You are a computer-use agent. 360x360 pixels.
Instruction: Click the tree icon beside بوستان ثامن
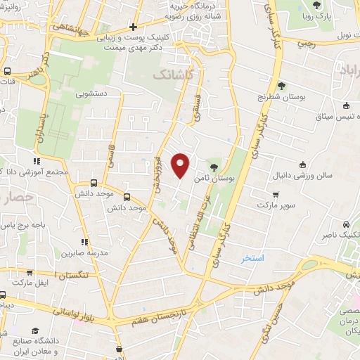(x=214, y=167)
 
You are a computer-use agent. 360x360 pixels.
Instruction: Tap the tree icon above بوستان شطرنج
(x=281, y=86)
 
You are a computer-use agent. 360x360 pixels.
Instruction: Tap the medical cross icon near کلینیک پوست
(x=133, y=27)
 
